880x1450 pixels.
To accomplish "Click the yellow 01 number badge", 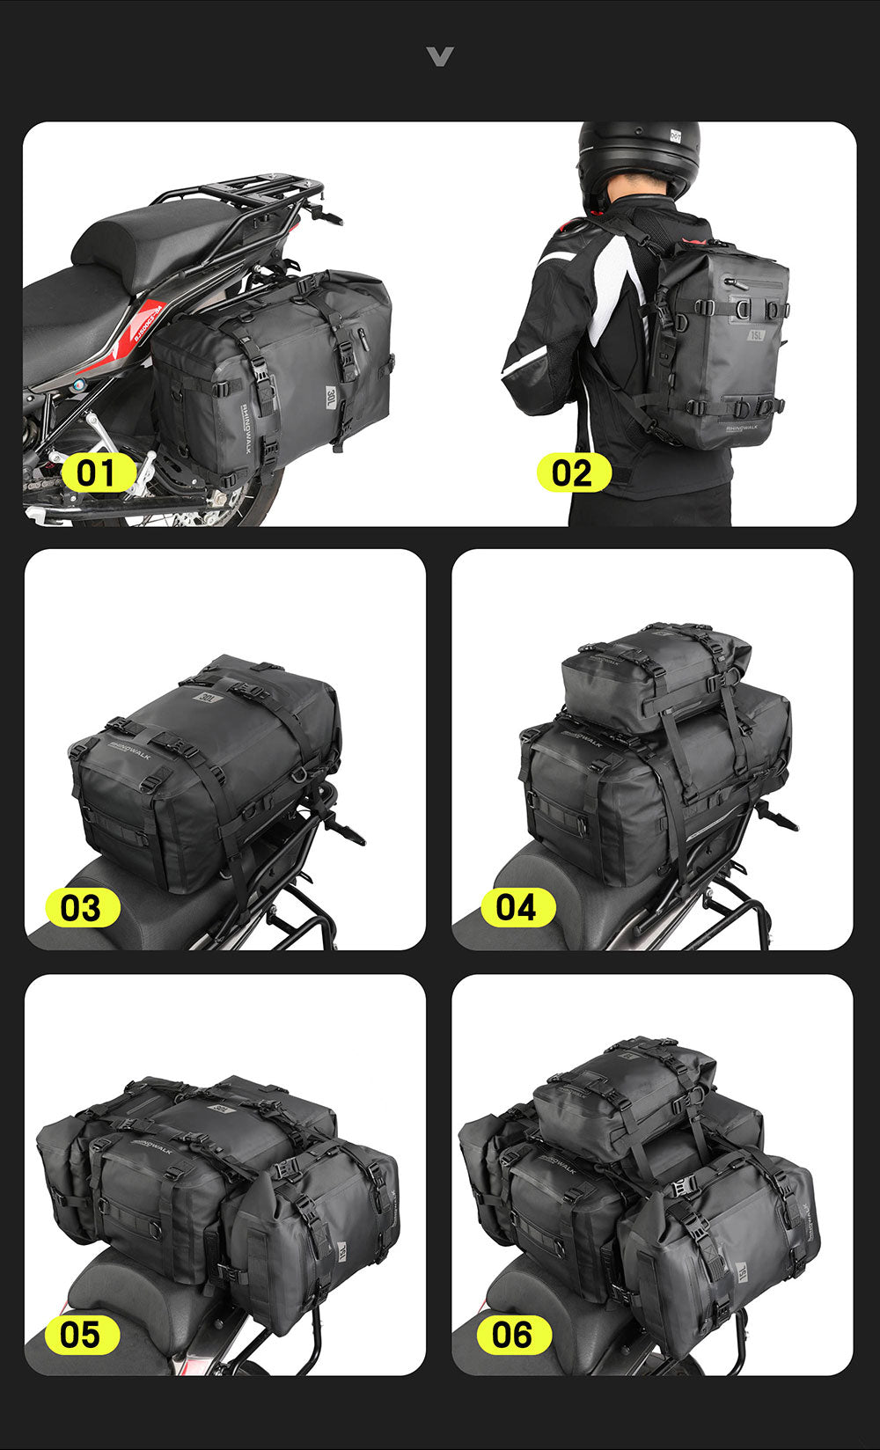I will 98,473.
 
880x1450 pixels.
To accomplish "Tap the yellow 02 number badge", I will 573,473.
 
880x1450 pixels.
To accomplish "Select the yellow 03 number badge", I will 82,908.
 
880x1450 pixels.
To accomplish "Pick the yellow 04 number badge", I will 517,907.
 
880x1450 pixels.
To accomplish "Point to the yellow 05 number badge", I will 81,1334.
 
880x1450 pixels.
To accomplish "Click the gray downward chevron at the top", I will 440,57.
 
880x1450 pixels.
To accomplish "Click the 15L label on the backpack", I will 756,334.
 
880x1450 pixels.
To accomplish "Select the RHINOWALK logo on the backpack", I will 742,428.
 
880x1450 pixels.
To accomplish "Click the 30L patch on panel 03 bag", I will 208,698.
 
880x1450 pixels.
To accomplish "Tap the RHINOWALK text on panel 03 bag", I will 129,747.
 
